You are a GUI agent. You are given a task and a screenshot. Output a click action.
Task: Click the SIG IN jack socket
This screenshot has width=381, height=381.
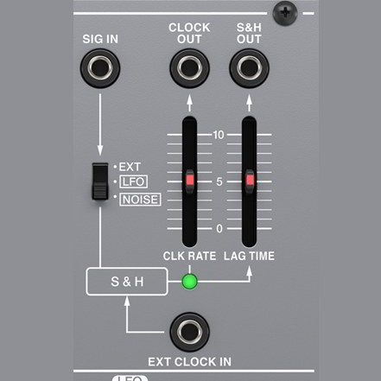100,68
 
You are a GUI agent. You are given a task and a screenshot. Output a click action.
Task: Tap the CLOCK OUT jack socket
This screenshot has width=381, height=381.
189,68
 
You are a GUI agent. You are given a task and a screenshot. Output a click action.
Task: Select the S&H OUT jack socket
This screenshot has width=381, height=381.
249,68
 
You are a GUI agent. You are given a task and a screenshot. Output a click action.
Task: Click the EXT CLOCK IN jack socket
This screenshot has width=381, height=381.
189,332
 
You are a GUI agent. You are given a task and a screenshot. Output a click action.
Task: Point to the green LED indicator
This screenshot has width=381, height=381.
190,282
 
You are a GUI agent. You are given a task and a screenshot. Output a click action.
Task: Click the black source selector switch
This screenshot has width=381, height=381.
100,181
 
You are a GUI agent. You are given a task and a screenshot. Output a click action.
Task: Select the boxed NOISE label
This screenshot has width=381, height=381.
140,200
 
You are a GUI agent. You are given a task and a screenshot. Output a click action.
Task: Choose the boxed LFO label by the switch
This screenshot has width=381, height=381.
133,181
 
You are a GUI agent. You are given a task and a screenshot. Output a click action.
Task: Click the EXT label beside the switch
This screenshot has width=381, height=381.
130,167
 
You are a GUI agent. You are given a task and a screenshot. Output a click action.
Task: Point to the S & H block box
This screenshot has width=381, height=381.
127,282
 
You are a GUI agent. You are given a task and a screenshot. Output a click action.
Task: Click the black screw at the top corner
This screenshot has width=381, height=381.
285,13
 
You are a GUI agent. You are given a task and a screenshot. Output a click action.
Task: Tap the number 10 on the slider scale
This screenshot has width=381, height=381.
219,135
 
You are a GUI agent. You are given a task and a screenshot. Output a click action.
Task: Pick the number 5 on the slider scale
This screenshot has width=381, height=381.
219,181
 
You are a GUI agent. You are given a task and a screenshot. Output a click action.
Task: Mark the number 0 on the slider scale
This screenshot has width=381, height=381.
219,229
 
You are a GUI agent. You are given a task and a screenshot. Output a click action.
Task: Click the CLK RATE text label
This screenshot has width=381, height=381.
189,256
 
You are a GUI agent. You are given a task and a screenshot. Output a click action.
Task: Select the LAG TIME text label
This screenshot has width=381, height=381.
249,256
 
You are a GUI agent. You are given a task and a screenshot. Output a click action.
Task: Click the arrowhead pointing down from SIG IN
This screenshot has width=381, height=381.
100,150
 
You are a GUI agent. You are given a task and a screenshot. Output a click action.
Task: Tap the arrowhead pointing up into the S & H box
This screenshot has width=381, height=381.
127,302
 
